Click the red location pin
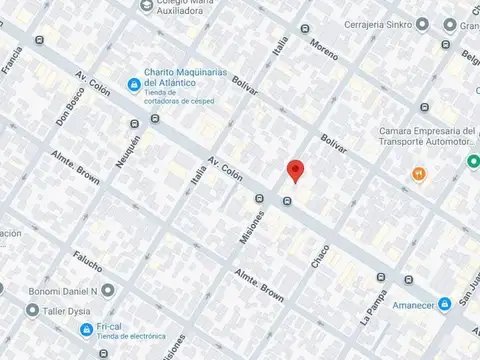294,170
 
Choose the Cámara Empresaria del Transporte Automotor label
428,141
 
